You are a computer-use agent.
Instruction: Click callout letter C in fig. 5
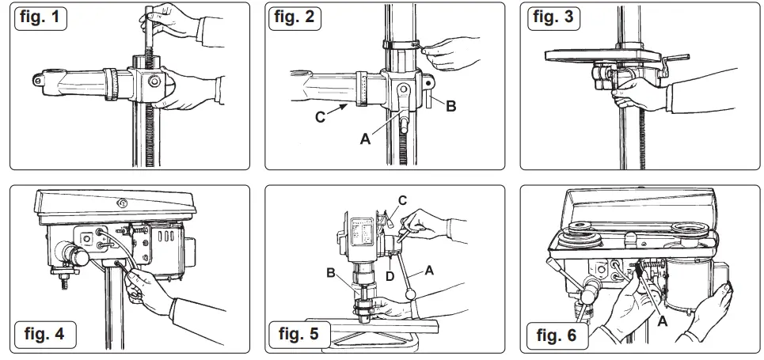402,200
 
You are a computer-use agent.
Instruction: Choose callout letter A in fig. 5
428,269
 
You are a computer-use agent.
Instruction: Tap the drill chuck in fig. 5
365,309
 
